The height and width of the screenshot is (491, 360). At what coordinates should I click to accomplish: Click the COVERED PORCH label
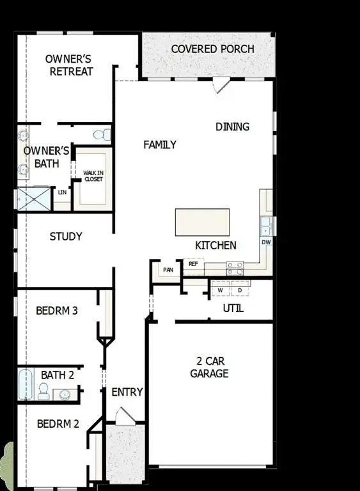coord(212,49)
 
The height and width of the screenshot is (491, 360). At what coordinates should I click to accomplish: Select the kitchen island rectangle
coord(202,222)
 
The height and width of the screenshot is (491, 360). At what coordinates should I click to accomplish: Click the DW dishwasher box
coord(266,243)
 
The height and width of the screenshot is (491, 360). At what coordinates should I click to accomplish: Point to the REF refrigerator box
coord(192,263)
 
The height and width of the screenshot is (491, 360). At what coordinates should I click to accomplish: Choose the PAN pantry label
coord(168,270)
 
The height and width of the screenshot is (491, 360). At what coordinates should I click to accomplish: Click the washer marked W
coord(221,291)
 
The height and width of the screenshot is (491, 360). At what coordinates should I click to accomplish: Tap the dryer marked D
coord(240,291)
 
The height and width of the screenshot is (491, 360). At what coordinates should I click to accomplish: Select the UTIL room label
coord(233,309)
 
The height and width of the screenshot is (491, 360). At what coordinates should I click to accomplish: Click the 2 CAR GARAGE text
coord(209,367)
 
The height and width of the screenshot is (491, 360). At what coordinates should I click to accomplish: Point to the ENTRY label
coord(127,392)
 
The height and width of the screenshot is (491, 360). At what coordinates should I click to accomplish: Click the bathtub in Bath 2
coord(26,384)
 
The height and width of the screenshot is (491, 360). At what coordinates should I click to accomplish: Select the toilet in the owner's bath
coord(102,135)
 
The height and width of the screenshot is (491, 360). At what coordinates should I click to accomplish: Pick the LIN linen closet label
coord(62,192)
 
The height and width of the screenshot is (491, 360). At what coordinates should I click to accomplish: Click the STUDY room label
coord(66,237)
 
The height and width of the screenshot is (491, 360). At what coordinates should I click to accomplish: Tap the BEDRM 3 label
coord(57,311)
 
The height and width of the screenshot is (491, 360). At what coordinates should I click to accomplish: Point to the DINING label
coord(232,127)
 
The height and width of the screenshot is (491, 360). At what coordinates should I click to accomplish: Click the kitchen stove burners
coord(235,269)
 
